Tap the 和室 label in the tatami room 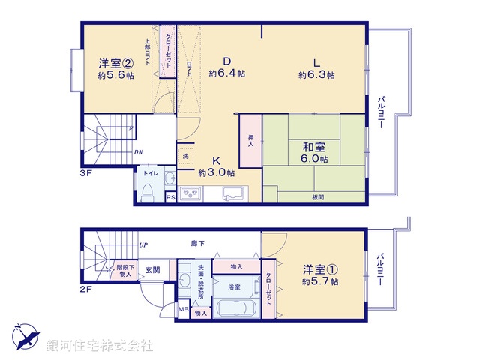point(313,147)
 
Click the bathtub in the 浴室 point(235,309)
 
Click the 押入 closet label point(250,140)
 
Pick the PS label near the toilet point(170,198)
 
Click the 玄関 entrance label point(152,269)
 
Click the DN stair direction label point(139,153)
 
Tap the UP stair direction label point(143,244)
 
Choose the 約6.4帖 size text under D point(227,73)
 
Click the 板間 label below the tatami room point(319,197)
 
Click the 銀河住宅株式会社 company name point(100,346)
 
